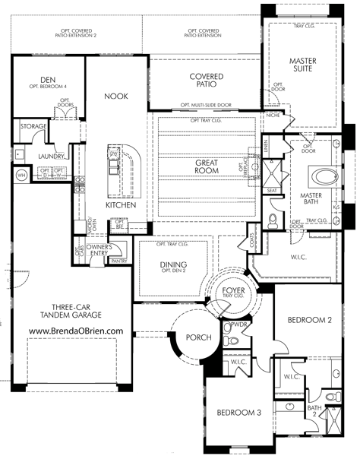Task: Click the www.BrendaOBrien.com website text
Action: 76,331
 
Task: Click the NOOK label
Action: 116,97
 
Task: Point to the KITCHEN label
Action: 121,206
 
